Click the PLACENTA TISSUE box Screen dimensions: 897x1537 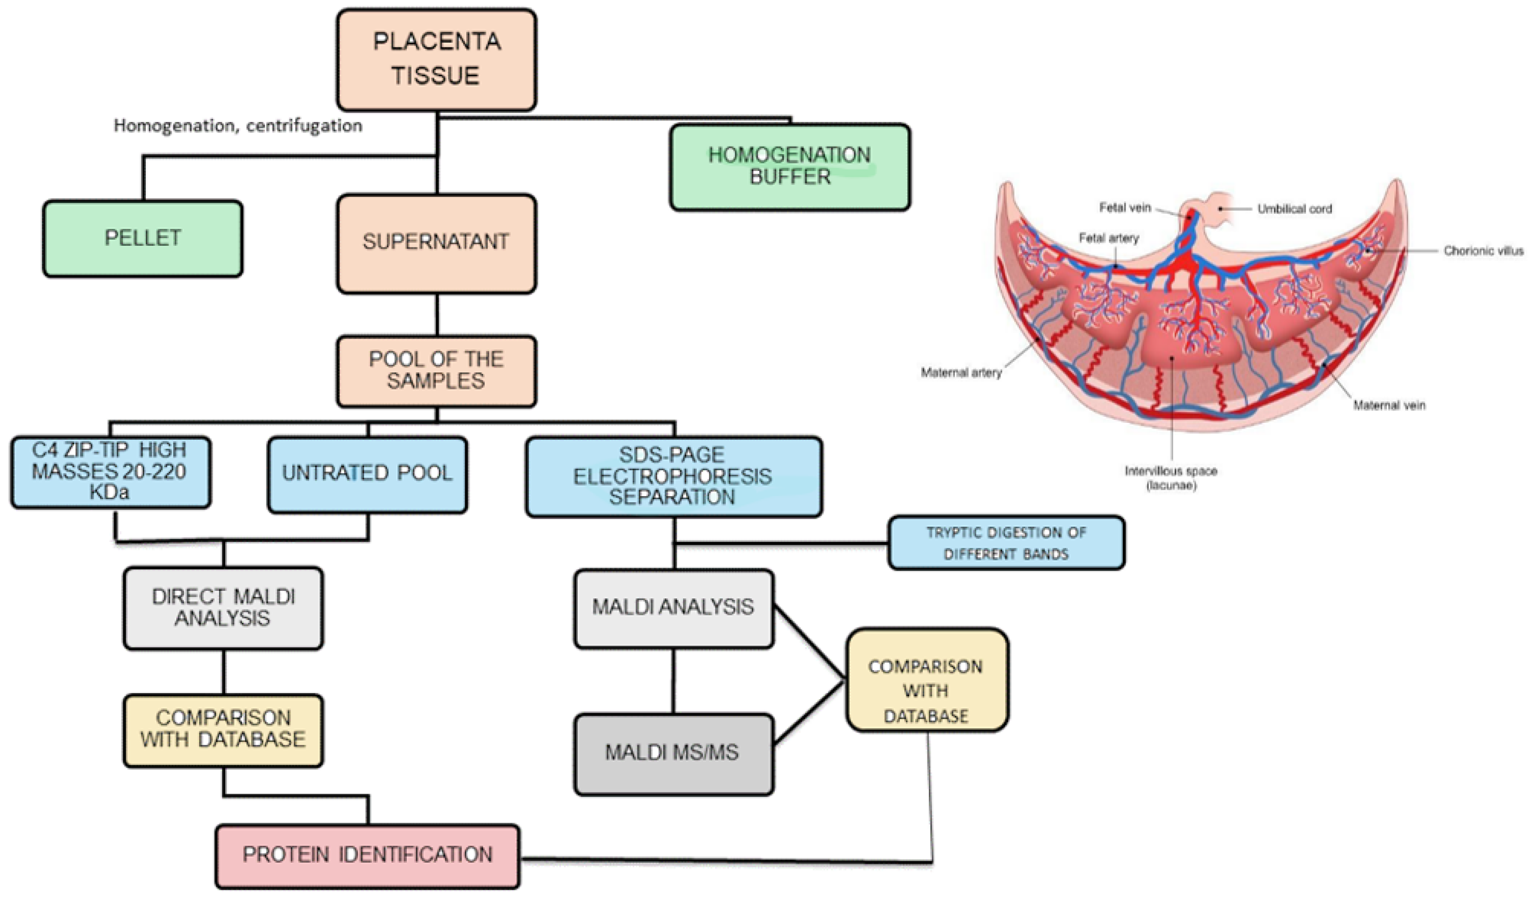[x=436, y=59]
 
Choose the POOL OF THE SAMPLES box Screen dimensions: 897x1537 [x=436, y=370]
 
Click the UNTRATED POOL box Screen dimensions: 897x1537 [x=367, y=473]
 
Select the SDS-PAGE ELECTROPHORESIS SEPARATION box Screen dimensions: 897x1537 [x=673, y=476]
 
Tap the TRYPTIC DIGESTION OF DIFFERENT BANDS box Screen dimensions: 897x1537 [x=1006, y=543]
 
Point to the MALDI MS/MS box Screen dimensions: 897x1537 [x=673, y=753]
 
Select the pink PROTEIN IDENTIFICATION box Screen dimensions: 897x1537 [x=367, y=855]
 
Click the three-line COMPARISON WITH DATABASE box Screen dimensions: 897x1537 [x=926, y=691]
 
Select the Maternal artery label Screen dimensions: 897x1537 [x=961, y=372]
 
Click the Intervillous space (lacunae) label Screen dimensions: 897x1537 [x=1170, y=478]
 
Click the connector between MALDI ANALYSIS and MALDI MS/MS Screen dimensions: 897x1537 [x=673, y=680]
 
